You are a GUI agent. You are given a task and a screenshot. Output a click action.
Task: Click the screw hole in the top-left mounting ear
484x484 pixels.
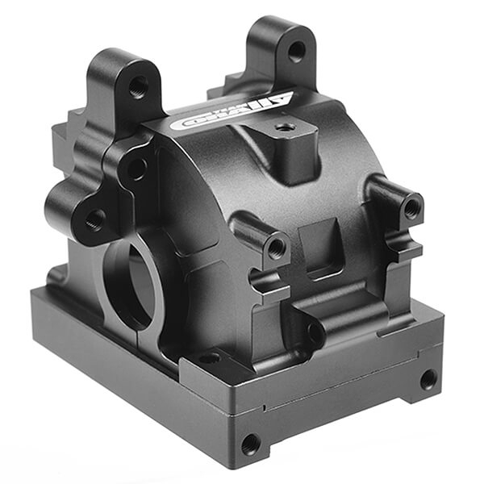point(139,85)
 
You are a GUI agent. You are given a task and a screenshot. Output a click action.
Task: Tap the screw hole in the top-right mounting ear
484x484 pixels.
point(296,51)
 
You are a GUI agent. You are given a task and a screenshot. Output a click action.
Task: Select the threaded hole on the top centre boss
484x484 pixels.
point(283,127)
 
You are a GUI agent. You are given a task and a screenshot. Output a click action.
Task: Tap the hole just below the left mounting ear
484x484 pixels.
point(136,169)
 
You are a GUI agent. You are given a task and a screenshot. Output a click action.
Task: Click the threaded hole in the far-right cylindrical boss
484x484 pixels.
point(411,208)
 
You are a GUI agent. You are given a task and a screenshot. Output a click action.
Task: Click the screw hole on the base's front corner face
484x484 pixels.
point(250,442)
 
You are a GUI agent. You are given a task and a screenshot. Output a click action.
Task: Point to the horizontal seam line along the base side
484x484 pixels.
point(339,390)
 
